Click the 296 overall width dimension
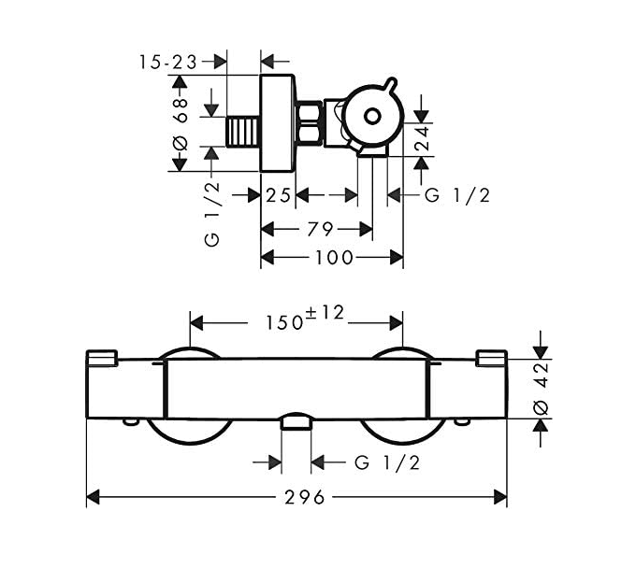point(300,497)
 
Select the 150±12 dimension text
point(304,319)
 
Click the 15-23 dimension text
point(168,62)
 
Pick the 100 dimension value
point(333,257)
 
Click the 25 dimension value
point(279,195)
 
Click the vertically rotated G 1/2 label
point(212,214)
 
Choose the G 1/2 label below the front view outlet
point(386,462)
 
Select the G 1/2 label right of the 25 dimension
point(457,195)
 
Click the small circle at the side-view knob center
point(371,118)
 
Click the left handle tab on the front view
point(102,358)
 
